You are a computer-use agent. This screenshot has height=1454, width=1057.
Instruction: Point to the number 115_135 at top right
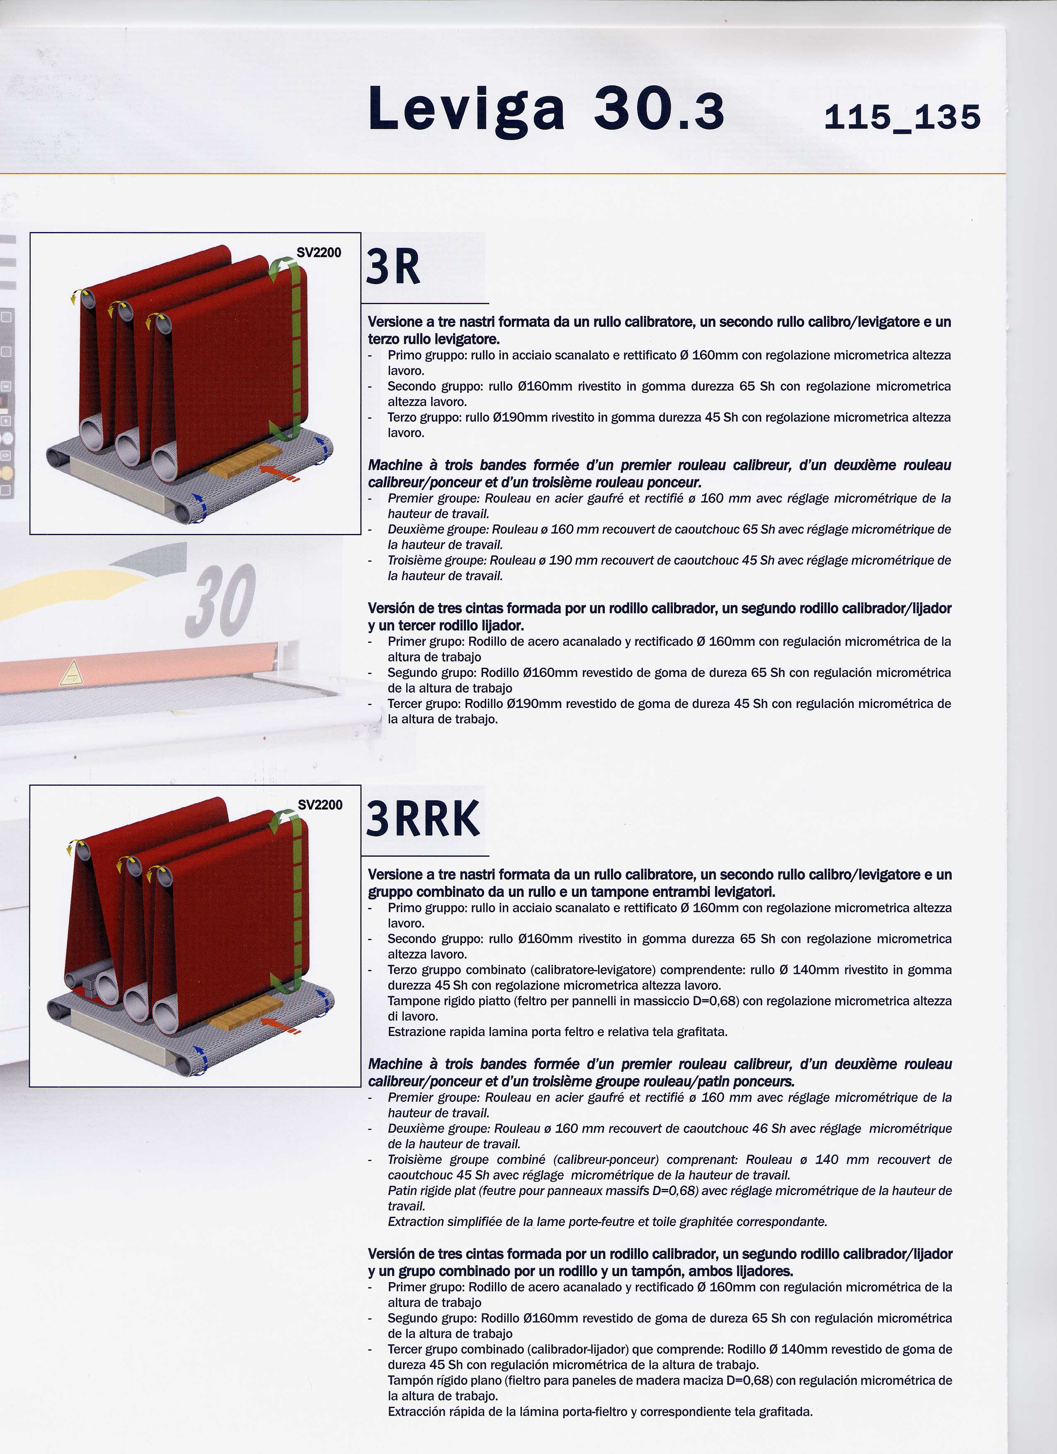(x=902, y=117)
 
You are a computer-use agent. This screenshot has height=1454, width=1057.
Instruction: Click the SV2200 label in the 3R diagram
(x=319, y=253)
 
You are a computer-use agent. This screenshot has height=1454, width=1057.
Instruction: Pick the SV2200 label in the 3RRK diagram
(x=320, y=804)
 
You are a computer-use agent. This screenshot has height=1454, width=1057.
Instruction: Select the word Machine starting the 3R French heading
(x=395, y=465)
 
